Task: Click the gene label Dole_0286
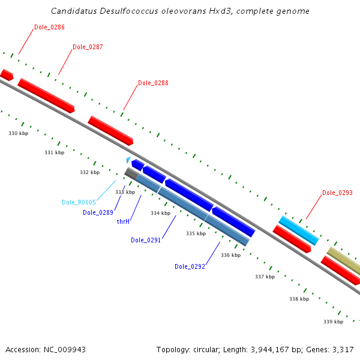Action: tap(49, 27)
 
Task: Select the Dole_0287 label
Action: tap(88, 47)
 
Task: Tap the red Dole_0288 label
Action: tap(153, 83)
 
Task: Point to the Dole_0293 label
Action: tap(337, 193)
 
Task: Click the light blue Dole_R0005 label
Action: tap(79, 202)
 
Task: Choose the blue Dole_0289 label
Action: tap(98, 212)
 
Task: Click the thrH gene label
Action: tap(124, 221)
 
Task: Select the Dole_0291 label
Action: tap(146, 240)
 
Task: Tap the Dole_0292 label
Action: tap(190, 266)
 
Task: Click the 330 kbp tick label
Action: tap(18, 133)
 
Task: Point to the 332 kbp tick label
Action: tap(90, 172)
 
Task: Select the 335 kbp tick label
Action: tap(196, 233)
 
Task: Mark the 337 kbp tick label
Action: tap(265, 277)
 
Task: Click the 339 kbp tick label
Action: tap(333, 322)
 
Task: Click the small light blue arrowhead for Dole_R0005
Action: tap(128, 159)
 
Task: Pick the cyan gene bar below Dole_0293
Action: tap(298, 230)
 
